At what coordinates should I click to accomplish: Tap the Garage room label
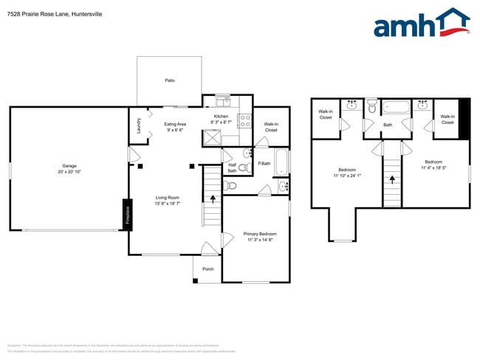(69, 169)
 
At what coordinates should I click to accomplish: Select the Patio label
(170, 80)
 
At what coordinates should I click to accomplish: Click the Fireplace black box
(126, 214)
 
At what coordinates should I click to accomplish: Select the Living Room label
(168, 200)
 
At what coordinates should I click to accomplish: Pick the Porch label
(208, 269)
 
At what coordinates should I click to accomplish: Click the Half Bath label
(232, 168)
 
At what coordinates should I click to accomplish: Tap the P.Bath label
(264, 163)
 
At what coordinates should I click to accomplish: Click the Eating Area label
(175, 127)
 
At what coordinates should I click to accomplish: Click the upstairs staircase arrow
(392, 179)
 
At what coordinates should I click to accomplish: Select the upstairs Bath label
(388, 125)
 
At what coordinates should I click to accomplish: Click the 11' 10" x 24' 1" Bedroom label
(346, 173)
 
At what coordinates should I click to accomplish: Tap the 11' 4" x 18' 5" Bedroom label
(433, 165)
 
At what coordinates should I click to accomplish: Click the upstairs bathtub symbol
(396, 108)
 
